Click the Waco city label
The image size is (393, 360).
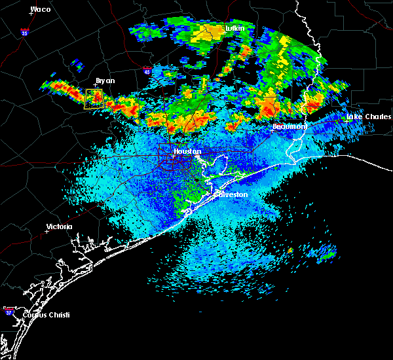tap(41, 9)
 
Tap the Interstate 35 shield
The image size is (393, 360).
tap(24, 31)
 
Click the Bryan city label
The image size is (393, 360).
tap(105, 81)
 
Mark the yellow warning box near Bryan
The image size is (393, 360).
tap(94, 99)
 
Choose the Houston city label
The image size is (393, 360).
tap(187, 151)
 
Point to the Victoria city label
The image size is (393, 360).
tap(59, 227)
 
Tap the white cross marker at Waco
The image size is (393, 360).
tap(30, 14)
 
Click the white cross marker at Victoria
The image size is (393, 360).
tap(47, 231)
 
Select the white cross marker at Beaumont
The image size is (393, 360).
tap(273, 130)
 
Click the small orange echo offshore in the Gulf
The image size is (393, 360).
tap(290, 250)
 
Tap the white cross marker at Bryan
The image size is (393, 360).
tap(96, 86)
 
